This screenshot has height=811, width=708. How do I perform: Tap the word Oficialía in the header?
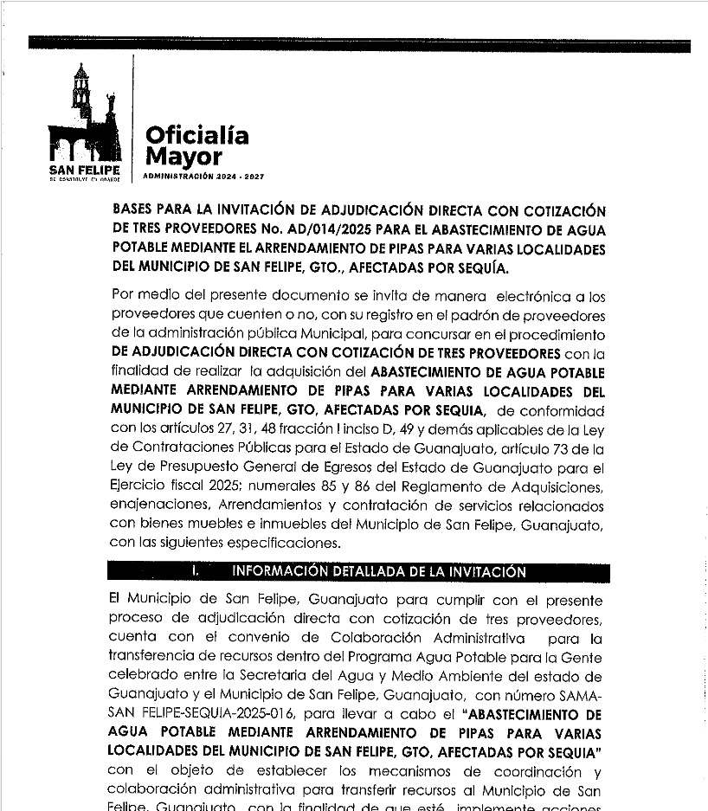pos(196,135)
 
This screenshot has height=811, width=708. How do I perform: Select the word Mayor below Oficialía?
pos(183,157)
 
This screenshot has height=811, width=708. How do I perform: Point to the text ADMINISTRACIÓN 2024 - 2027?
pos(203,176)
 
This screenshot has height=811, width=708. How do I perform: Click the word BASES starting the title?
pos(135,210)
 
